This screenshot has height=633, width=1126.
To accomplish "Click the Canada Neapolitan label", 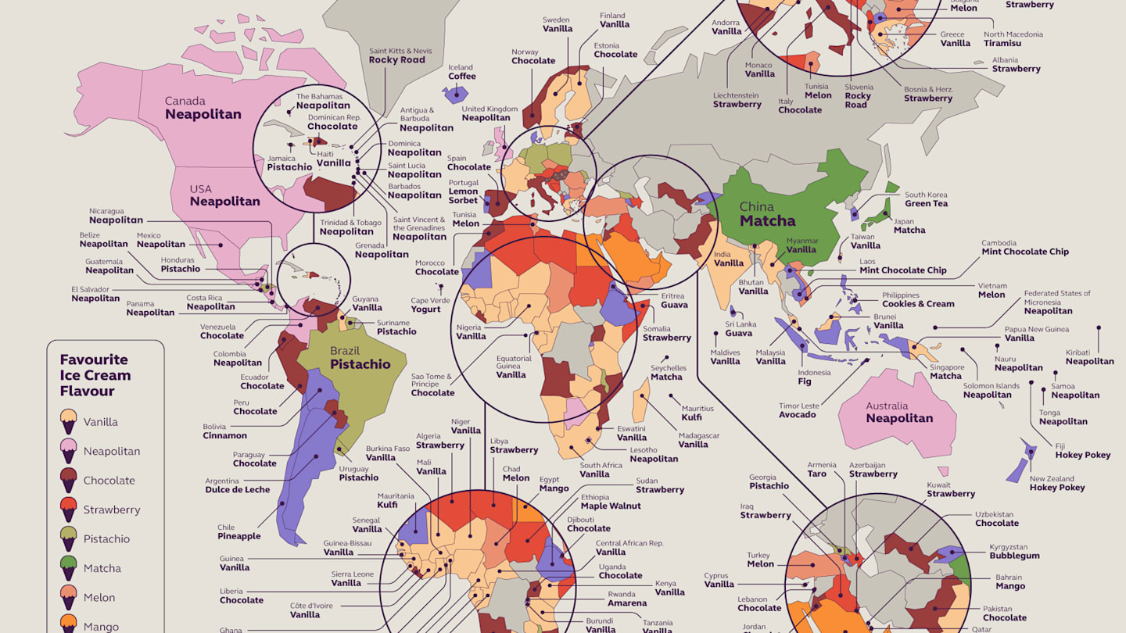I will [203, 108].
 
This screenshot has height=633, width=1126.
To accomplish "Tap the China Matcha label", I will [767, 214].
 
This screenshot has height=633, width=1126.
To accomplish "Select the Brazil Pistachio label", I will [360, 358].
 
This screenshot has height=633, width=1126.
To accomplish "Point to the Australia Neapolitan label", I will [898, 412].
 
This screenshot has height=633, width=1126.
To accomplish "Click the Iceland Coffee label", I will [461, 72].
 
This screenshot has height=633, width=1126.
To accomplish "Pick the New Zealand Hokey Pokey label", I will [1056, 483].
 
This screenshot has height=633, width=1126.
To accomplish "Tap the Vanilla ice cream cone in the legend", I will [69, 421].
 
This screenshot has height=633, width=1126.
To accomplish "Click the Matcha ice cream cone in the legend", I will [69, 567].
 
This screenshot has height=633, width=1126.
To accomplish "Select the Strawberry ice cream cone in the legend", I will [69, 509].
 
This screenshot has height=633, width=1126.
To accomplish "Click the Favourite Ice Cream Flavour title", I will [95, 375].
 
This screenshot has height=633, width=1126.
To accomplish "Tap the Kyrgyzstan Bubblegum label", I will [1014, 551].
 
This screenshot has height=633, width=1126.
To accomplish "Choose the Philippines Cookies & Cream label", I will [917, 299].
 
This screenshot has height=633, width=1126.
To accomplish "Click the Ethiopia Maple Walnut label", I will [610, 502].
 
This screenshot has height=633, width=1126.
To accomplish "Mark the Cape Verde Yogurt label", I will [430, 305].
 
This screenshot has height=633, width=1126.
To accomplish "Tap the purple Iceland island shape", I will [454, 95].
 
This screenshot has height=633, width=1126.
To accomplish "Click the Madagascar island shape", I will [640, 399].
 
